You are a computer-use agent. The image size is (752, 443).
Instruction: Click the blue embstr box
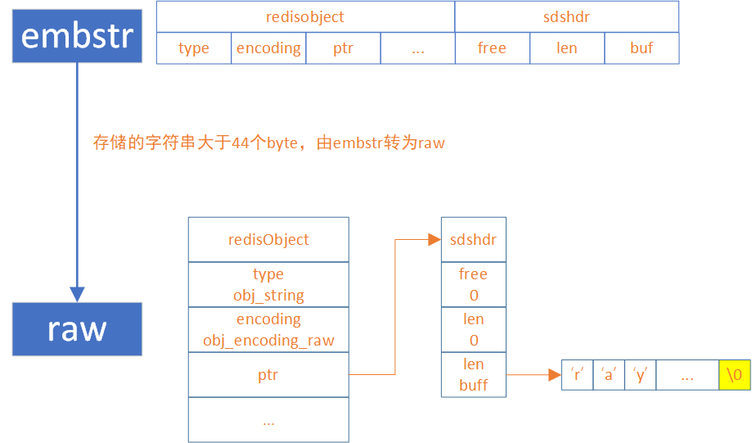(77, 35)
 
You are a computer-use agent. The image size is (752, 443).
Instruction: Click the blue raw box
(77, 329)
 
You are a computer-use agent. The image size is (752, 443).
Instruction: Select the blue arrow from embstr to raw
(77, 180)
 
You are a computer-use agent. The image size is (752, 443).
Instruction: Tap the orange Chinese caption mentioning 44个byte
(269, 143)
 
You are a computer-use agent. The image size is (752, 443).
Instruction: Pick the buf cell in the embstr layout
(642, 48)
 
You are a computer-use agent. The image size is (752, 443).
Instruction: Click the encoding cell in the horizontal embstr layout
(268, 48)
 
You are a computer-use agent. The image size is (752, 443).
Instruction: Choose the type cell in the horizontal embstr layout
(194, 48)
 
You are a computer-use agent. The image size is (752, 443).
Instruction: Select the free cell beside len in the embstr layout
(492, 48)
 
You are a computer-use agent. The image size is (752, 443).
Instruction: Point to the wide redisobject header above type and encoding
(305, 16)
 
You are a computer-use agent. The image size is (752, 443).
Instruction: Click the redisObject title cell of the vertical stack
(268, 240)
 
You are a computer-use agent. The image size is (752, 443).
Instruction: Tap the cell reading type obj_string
(268, 284)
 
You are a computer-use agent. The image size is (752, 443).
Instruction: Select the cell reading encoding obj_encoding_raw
(268, 329)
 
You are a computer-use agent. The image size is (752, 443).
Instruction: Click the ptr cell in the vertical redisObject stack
(268, 375)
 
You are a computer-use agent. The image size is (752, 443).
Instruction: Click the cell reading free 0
(474, 284)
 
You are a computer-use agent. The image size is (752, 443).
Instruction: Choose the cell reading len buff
(474, 374)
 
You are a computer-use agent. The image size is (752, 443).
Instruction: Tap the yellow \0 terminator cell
(734, 375)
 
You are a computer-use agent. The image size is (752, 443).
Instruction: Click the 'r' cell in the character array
(577, 375)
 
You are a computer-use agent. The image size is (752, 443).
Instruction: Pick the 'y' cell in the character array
(640, 375)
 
